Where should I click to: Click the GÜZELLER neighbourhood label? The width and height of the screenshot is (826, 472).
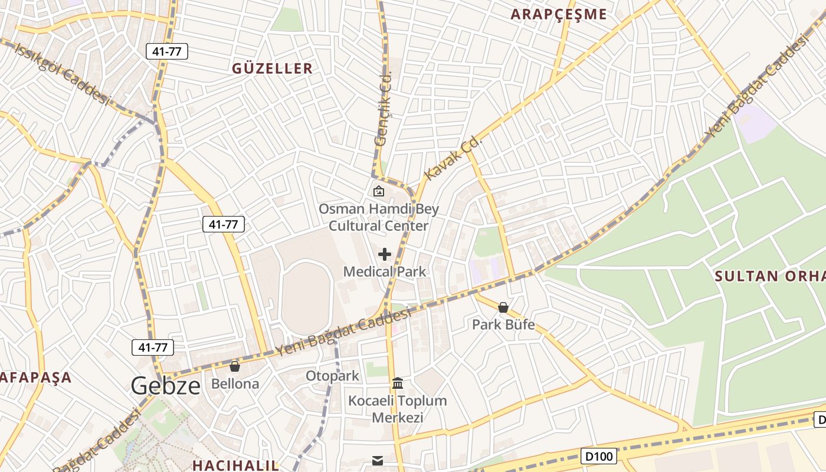point(272,68)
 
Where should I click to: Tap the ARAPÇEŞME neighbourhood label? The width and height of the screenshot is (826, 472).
point(559,15)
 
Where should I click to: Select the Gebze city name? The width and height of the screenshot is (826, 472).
point(166,385)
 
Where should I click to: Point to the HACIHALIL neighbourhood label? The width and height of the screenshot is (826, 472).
point(236,465)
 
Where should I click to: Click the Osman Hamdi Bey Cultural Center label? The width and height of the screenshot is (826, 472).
point(379,217)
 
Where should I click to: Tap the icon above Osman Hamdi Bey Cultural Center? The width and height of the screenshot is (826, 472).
point(379,191)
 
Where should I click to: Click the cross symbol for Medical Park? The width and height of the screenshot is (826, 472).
point(385,254)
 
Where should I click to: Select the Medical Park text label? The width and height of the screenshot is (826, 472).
point(385,271)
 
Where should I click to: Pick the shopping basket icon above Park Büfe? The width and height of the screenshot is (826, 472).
point(503,307)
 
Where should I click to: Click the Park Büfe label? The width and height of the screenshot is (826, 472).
point(503,324)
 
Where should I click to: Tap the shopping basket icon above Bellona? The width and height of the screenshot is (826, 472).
point(235,366)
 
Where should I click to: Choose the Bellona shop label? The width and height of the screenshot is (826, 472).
point(235,384)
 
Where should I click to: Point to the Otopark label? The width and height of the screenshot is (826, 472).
point(332,376)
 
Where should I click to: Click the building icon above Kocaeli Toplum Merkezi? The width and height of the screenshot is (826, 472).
point(398,383)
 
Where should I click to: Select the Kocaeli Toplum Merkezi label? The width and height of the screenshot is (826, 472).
point(398,409)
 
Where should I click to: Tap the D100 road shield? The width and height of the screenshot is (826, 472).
point(599,455)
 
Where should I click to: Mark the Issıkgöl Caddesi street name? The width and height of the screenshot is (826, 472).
point(62,74)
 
